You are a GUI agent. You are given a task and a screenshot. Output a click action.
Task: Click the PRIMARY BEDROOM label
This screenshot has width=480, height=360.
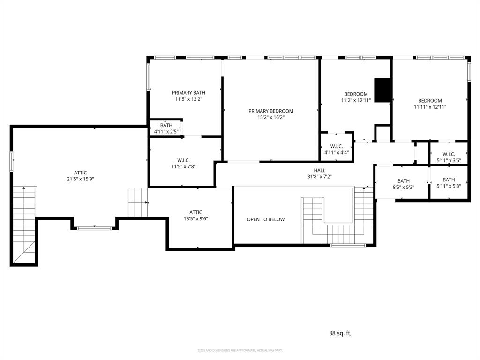(x=270, y=111)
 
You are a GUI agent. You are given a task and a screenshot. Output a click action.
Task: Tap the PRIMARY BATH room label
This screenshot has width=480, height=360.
(x=188, y=93)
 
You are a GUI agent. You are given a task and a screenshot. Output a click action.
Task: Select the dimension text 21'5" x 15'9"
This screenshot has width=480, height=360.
(x=80, y=179)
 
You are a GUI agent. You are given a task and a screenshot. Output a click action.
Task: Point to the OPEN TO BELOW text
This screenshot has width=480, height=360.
(x=266, y=219)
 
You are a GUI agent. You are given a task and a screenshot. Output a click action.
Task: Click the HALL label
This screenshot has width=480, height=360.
(x=319, y=170)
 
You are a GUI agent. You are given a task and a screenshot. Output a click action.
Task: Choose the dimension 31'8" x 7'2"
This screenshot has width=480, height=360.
(x=319, y=177)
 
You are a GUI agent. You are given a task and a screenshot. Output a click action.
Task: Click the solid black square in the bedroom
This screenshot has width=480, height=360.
(x=383, y=90)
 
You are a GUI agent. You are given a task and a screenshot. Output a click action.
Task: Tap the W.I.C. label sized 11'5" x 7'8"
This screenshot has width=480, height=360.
(x=184, y=160)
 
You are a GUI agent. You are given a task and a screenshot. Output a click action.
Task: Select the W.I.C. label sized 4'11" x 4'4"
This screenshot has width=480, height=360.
(x=336, y=146)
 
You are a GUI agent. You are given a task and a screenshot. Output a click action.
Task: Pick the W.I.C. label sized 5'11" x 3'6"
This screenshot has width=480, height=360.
(x=449, y=154)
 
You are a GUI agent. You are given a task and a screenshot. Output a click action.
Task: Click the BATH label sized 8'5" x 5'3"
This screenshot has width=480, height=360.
(x=403, y=181)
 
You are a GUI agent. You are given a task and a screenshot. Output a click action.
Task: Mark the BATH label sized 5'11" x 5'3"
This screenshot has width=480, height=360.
(x=449, y=180)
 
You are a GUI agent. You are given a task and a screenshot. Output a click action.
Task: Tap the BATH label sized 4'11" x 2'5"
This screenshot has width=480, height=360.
(x=166, y=125)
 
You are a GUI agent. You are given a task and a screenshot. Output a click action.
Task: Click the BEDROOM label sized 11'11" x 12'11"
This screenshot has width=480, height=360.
(x=430, y=101)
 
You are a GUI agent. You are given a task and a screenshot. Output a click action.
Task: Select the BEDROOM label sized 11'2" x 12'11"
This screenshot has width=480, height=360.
(x=356, y=94)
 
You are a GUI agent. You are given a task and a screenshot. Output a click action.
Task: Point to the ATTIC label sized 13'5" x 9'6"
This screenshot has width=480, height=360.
(x=195, y=212)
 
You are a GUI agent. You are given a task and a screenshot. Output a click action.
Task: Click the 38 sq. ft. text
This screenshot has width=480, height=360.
(x=340, y=333)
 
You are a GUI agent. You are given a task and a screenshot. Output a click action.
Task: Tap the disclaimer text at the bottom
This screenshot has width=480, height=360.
(x=240, y=350)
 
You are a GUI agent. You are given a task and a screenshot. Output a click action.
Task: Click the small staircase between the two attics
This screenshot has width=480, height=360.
(x=138, y=202)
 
